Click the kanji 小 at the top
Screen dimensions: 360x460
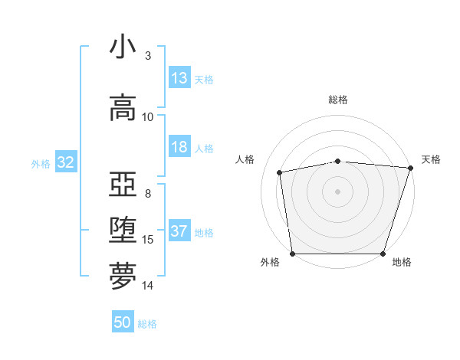(123, 47)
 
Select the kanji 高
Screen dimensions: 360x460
(123, 106)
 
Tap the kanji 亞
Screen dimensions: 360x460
(123, 184)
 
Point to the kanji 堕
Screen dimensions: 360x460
(123, 230)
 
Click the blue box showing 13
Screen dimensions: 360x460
(179, 78)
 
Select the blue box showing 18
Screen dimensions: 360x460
(179, 148)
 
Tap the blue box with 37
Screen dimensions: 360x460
(179, 232)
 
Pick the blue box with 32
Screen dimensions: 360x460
(65, 162)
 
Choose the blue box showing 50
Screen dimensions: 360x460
(123, 322)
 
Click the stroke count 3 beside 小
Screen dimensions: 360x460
(147, 56)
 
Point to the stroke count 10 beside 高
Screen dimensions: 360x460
(148, 117)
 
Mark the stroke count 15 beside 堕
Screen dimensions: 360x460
(148, 240)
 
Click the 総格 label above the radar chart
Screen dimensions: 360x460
(338, 100)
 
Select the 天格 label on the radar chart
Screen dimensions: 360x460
(431, 159)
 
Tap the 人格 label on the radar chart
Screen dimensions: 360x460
(245, 159)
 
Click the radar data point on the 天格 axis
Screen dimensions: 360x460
(410, 168)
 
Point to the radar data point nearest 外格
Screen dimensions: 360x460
(293, 254)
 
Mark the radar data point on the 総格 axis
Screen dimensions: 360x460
(338, 161)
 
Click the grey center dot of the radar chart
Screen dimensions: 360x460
(338, 191)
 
